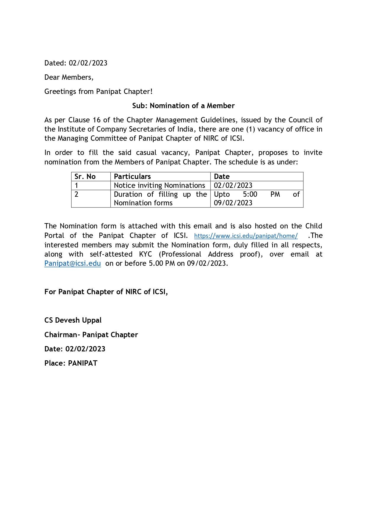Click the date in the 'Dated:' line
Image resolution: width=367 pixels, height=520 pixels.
point(88,63)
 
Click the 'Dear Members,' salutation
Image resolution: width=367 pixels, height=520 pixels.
point(69,77)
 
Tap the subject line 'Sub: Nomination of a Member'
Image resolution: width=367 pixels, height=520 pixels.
point(183,106)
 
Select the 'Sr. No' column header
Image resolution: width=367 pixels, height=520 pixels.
point(85,177)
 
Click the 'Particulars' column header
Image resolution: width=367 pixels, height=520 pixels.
point(132,177)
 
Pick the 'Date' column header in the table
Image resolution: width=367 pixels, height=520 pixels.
point(222,177)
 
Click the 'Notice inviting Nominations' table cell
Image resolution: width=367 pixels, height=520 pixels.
point(159,185)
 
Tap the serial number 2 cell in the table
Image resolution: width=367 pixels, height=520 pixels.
point(76,194)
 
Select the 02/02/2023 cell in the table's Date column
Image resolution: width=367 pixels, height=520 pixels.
point(233,185)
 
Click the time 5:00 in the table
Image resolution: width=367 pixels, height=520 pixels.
point(250,194)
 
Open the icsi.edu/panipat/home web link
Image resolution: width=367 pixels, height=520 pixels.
point(246,236)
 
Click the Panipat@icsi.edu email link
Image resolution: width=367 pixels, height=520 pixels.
point(73,263)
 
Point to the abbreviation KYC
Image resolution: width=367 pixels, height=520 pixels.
point(145,254)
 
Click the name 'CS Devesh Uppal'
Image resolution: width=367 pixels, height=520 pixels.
point(73,320)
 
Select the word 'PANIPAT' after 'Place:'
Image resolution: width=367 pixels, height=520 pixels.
point(83,363)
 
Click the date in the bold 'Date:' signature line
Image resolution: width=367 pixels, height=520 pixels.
point(85,349)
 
